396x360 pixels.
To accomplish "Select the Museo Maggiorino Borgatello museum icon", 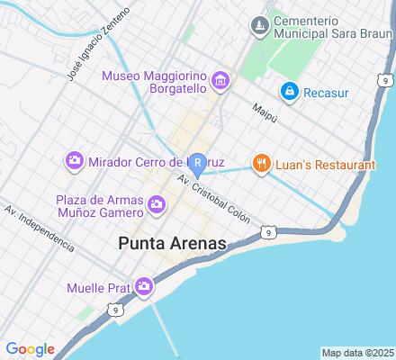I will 220,83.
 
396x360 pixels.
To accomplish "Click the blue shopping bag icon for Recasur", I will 289,91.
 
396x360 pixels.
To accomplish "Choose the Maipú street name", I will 264,111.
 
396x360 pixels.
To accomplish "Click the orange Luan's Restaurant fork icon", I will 261,164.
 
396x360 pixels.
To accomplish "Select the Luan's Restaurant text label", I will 324,164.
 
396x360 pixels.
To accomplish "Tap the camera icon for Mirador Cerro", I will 75,162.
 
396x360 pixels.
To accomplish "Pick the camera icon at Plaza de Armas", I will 157,205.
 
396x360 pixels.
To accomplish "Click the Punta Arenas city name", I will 172,243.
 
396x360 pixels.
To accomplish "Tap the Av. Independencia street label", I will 38,228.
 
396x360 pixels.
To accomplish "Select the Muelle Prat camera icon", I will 144,288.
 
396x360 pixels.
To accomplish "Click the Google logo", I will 30,348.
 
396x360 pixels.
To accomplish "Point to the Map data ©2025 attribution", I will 357,352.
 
